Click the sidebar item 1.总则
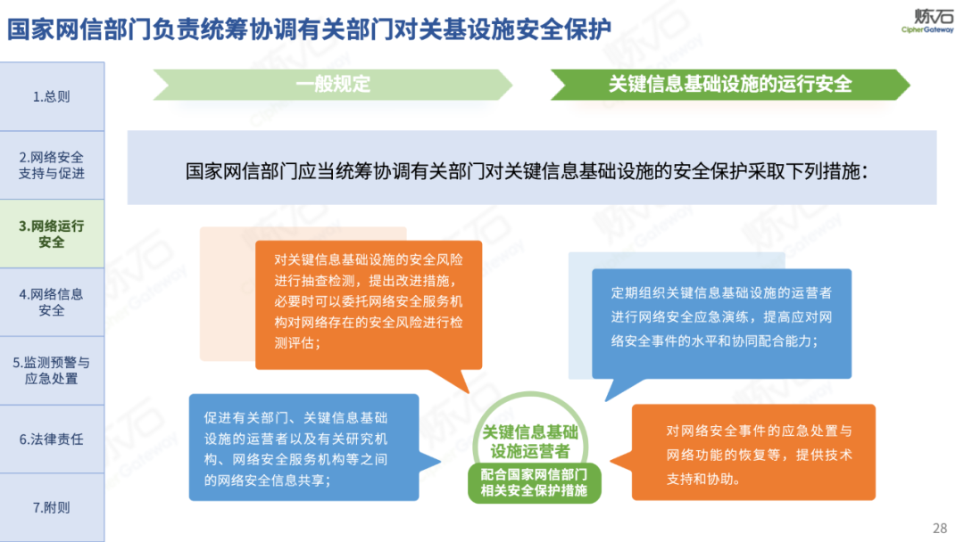(x=52, y=96)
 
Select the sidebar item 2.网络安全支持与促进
(x=52, y=165)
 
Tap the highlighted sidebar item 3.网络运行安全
(x=52, y=234)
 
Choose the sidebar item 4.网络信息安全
(x=52, y=302)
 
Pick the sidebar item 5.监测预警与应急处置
(x=52, y=371)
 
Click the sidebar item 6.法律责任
(x=52, y=439)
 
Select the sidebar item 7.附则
(x=52, y=507)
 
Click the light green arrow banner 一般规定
(x=333, y=84)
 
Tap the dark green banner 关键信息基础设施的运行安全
(x=730, y=84)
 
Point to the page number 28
(x=939, y=528)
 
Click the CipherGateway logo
(x=927, y=21)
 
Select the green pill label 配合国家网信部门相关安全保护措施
(x=534, y=482)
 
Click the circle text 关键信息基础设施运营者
(x=530, y=441)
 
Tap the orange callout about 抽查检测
(x=369, y=305)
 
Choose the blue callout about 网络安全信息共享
(x=303, y=448)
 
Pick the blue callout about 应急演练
(x=721, y=324)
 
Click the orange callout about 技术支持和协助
(x=753, y=452)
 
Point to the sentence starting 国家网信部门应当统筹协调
(x=527, y=171)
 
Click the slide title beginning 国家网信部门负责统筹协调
(x=309, y=29)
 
